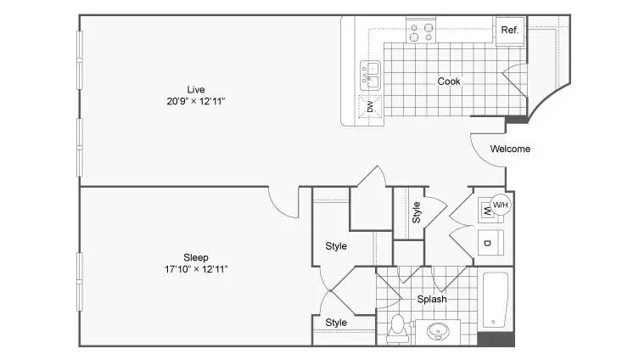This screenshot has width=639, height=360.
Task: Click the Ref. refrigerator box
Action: pos(510,30)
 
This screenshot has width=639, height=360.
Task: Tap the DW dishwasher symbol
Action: pos(370,106)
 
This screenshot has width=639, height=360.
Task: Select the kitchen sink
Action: pos(370,76)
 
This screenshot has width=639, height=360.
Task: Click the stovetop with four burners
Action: pos(421,32)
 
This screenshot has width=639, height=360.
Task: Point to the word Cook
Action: pos(449,82)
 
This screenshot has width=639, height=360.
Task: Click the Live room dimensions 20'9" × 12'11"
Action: pos(196,101)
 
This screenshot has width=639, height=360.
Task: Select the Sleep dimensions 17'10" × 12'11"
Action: pos(196,269)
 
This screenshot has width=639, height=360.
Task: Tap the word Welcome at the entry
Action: pos(510,149)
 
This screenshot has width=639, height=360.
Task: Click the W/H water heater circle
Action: pos(501,205)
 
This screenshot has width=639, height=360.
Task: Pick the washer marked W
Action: pos(485,211)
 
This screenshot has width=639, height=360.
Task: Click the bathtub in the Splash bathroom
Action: pos(495,300)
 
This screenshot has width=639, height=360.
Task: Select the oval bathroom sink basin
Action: pos(438,331)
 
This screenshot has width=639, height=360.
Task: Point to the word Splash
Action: pos(432,299)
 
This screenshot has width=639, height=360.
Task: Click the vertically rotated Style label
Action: pos(416,212)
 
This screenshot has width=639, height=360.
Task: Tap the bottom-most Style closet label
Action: pos(336,323)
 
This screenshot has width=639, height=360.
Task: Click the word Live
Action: pos(196,90)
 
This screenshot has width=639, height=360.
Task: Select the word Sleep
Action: pos(196,257)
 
